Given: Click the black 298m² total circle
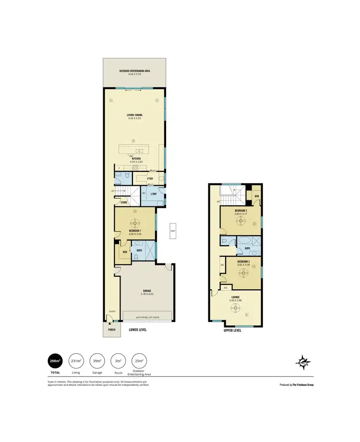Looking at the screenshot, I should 54,361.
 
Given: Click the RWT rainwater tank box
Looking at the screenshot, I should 172,231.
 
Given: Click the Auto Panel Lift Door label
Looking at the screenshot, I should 147,317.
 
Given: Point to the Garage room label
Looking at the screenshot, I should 147,290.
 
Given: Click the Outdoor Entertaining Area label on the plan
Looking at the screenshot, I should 135,71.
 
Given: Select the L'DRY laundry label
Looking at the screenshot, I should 154,193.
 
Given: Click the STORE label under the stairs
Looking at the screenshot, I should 124,203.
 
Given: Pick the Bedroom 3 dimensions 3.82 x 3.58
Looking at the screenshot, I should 240,265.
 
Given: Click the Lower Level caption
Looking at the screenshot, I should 138,330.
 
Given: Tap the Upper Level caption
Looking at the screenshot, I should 232,330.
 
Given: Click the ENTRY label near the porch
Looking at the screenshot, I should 112,311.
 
